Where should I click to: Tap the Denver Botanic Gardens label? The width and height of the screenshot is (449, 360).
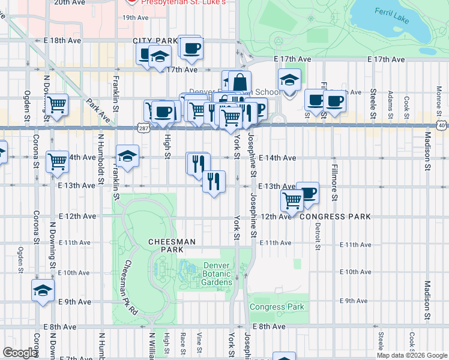coord(217,274)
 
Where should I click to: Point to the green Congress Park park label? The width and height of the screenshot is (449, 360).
coord(277,307)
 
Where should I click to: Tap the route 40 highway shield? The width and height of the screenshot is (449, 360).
coord(441,125)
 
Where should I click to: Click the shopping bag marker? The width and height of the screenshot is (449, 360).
coord(240,82)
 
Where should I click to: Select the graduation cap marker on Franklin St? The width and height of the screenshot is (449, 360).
coord(127,157)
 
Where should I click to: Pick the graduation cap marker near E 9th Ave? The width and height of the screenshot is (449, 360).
coord(43,291)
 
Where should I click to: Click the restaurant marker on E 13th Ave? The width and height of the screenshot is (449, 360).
coord(214,181)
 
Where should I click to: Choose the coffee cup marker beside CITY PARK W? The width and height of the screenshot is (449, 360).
coord(191,47)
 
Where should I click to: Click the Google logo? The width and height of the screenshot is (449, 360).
coord(20,353)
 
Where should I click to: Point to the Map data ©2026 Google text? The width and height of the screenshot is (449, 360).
coord(411,355)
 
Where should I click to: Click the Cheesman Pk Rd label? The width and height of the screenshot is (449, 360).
coord(131,288)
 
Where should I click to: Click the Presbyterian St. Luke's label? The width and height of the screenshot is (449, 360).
coord(183,2)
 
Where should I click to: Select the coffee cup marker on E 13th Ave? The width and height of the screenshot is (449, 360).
coord(307,193)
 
